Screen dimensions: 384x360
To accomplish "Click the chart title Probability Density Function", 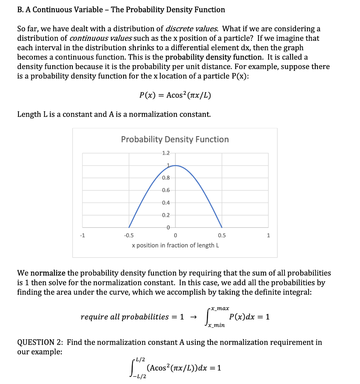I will point(175,139).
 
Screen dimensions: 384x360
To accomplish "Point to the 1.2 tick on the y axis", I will point(166,153).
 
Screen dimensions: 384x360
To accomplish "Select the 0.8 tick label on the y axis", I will point(166,178).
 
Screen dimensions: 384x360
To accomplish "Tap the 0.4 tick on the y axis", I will point(166,203).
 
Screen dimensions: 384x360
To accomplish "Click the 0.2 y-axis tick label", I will point(166,215).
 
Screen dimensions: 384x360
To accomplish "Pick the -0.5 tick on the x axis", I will point(128,235).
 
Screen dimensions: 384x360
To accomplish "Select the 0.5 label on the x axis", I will point(221,235).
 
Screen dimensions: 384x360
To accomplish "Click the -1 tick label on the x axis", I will point(82,235).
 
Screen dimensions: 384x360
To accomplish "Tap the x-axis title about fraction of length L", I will point(175,245).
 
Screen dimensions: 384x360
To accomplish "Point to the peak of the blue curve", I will point(175,165).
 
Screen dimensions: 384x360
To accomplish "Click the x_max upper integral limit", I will point(220,308).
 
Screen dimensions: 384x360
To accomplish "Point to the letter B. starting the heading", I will point(21,10).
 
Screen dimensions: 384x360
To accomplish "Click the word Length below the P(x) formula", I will point(29,114).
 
